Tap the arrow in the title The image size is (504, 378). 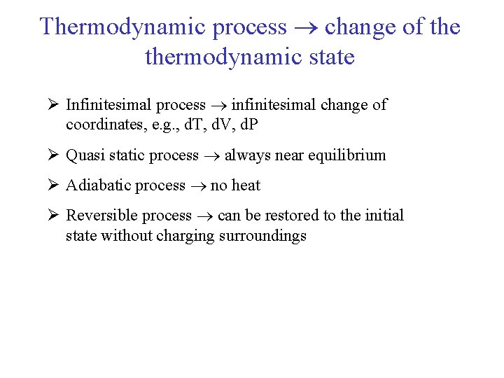tap(306, 28)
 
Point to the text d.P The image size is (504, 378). tap(247, 125)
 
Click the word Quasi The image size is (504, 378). tap(84, 155)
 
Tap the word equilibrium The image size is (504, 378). tap(348, 155)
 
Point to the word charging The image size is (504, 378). tap(186, 236)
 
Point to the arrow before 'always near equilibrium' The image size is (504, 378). tap(211, 156)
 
